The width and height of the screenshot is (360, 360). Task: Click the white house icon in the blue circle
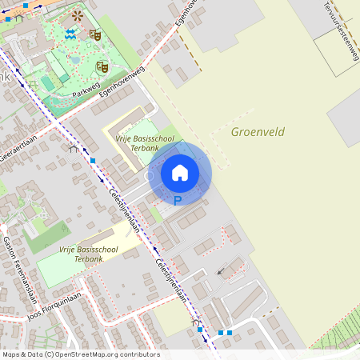[x=180, y=172]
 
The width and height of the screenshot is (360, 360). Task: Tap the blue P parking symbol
[x=178, y=201]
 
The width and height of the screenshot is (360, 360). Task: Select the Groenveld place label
[x=258, y=132]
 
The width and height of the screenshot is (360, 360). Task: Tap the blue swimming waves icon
[x=71, y=33]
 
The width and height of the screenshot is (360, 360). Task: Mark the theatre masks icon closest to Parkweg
[x=102, y=66]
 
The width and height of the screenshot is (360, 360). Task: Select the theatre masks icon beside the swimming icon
[x=94, y=34]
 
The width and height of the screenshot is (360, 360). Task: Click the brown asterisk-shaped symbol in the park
[x=77, y=15]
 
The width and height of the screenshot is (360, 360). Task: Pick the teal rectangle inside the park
[x=48, y=82]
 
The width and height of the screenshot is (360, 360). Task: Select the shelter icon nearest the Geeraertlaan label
[x=74, y=149]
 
